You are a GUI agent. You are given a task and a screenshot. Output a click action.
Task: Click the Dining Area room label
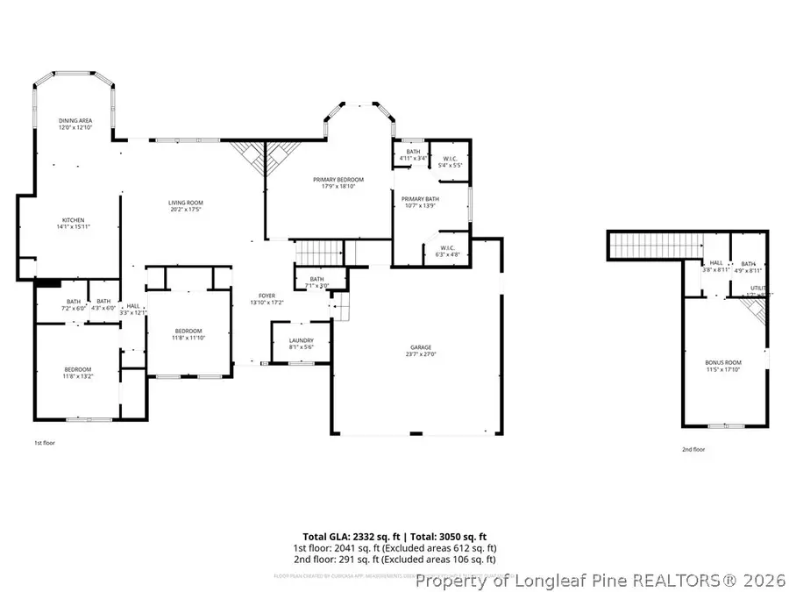pos(75,124)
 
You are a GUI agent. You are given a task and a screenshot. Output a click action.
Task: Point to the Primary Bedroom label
pos(338,182)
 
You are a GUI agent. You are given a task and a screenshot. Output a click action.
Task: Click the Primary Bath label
pos(420,202)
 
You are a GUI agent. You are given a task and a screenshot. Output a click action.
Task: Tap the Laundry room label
pos(301,343)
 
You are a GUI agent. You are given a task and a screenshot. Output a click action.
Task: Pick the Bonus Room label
pos(723,365)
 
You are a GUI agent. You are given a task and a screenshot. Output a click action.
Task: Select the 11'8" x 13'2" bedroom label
pos(77,373)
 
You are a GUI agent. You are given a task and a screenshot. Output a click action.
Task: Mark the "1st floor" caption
pos(45,444)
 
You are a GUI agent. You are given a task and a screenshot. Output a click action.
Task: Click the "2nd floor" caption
pos(693,449)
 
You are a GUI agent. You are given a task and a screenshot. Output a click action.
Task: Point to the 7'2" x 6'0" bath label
pos(74,304)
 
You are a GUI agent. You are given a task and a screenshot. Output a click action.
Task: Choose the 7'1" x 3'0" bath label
pos(317,282)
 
